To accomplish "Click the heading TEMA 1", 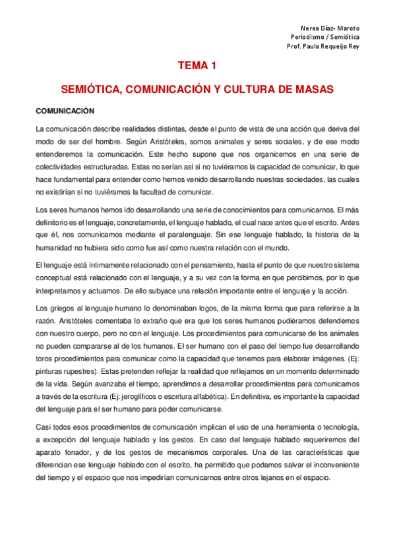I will [x=197, y=66].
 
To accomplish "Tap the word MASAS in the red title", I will [x=315, y=88].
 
